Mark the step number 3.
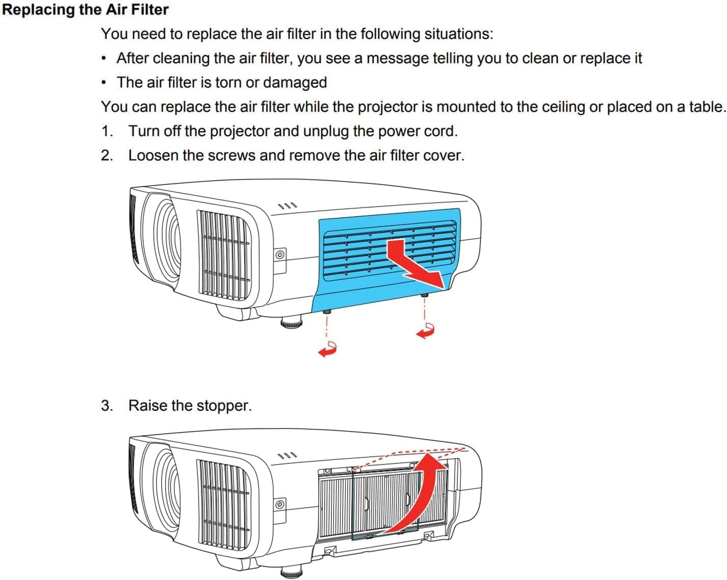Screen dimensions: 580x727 pyautogui.click(x=107, y=406)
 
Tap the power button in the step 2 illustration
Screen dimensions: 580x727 pyautogui.click(x=280, y=255)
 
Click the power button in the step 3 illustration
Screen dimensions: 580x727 pyautogui.click(x=280, y=505)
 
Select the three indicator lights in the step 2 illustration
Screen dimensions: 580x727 pyautogui.click(x=287, y=206)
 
